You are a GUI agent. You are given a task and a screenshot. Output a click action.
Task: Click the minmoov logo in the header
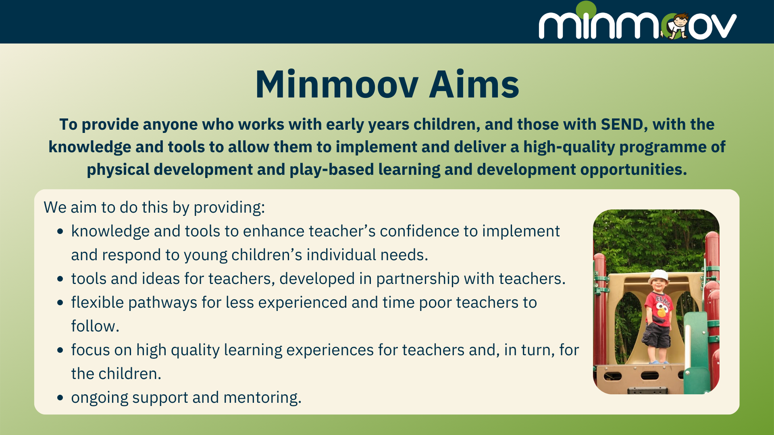(638, 21)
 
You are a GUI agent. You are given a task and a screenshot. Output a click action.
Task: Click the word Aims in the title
(474, 85)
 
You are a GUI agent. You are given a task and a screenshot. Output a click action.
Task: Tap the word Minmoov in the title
(337, 85)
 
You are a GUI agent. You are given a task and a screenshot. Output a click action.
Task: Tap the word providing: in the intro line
(229, 208)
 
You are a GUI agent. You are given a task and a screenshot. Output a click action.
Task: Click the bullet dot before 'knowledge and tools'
(60, 232)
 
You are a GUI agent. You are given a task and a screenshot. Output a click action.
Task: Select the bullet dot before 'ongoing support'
(60, 398)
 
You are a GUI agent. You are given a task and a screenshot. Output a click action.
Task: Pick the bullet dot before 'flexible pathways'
(60, 303)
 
